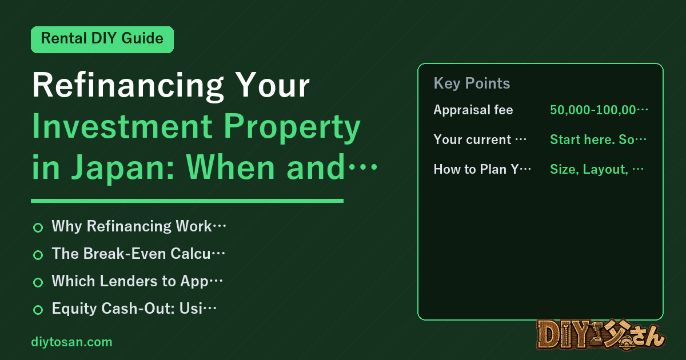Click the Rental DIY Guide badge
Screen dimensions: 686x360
coord(102,39)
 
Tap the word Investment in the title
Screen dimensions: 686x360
coord(122,126)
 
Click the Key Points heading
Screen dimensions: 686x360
coord(472,83)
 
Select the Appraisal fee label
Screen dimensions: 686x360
coord(473,110)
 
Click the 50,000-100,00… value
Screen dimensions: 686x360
coord(599,110)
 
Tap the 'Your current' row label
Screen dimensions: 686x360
coord(480,139)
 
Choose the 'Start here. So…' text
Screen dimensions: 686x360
coord(598,139)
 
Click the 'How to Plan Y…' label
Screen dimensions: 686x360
coord(482,169)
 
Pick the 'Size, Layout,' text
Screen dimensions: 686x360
coord(589,169)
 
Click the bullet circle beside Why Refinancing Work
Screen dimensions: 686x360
coord(38,227)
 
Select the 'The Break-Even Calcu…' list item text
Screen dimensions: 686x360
coord(138,254)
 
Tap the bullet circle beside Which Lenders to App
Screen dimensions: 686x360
coord(38,282)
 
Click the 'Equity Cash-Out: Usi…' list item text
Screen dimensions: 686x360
coord(134,308)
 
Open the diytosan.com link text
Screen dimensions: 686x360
coord(71,342)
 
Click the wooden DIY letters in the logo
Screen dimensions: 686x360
coord(564,335)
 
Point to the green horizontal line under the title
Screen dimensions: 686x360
coord(187,201)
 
